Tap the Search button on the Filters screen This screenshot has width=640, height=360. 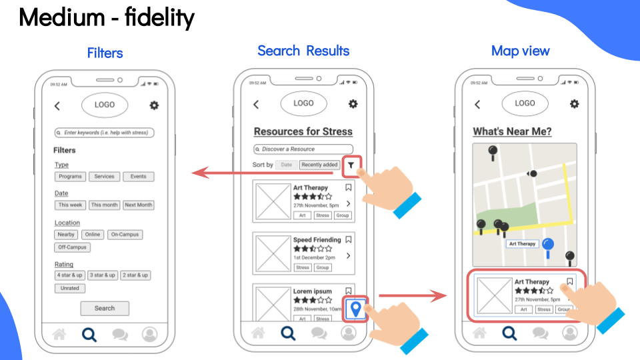coord(105,309)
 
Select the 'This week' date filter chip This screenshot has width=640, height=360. coord(71,205)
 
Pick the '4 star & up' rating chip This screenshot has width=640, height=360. coord(70,275)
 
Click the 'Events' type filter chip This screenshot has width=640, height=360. coord(139,177)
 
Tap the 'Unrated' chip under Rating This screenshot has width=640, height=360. coord(70,289)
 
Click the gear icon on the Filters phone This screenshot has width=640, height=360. coord(155,105)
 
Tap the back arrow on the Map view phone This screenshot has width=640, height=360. coord(477,104)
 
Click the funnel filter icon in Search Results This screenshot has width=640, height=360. coord(351,165)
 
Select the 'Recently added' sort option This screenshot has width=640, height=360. coord(319,165)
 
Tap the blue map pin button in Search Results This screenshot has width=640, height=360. coord(356,309)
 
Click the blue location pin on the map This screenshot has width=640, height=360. coord(548,247)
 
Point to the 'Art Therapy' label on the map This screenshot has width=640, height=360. coord(522,244)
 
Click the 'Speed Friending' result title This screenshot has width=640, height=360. coord(317,240)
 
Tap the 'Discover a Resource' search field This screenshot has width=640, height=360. coord(303,149)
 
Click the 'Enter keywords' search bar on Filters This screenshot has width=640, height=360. coord(105,133)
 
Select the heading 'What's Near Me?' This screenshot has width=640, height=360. coord(512,131)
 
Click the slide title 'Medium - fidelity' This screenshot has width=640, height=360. coord(107,18)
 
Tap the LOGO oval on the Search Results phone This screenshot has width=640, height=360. coord(303,103)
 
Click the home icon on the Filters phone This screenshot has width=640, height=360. coord(59,334)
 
